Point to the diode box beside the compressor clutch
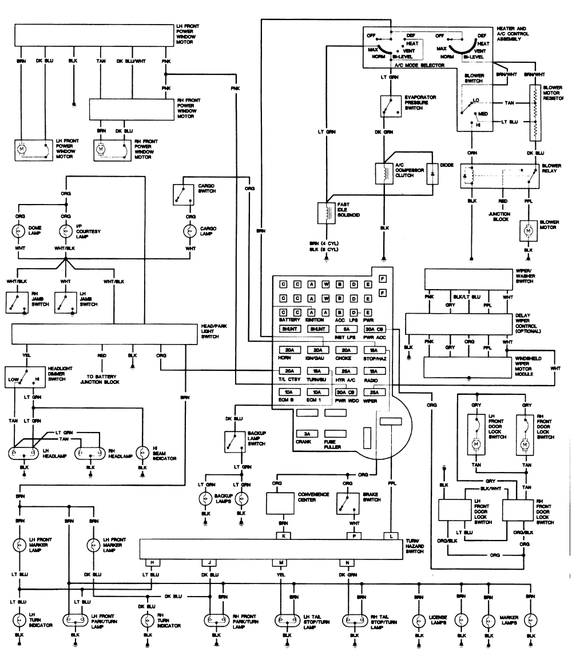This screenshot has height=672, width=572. coord(432,175)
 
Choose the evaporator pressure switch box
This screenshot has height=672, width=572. coord(391,106)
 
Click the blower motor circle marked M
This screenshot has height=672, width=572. coord(527,230)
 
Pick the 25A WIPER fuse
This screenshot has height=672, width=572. coord(374,393)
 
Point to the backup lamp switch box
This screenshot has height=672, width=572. coord(235,440)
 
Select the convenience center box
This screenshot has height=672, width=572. coord(284,503)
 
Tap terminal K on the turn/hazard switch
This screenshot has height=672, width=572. coord(283,535)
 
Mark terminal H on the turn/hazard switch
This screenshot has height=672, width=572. coord(152,563)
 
